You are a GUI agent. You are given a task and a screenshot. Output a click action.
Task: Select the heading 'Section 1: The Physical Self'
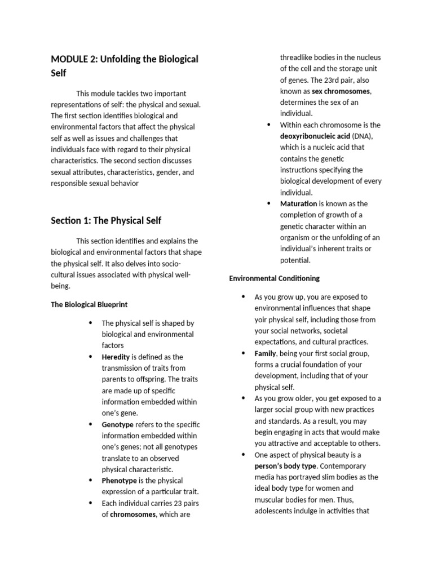point(106,220)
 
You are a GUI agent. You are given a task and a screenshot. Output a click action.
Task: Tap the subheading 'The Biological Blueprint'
point(89,304)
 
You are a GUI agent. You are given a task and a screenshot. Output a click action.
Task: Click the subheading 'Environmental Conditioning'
point(274,278)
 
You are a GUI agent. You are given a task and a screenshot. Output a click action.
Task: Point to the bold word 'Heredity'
point(116,357)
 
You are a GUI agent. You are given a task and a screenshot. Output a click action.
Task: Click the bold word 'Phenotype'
point(119,481)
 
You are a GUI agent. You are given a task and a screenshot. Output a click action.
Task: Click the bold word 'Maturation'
point(299,203)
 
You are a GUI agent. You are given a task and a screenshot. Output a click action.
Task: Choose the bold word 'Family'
point(265,353)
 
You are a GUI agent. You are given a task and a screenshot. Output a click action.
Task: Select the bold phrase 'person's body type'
point(286,466)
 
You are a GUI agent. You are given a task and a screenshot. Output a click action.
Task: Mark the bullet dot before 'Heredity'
point(90,357)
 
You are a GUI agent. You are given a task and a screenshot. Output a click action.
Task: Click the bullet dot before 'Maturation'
point(269,203)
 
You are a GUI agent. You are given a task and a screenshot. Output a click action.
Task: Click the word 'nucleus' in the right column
point(368,57)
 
